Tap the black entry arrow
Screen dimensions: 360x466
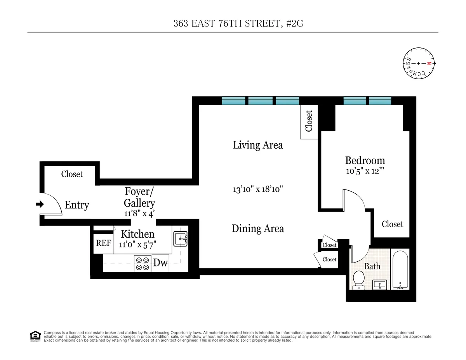(40, 204)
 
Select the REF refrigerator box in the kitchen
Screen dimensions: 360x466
(104, 243)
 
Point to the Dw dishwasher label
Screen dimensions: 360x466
(160, 263)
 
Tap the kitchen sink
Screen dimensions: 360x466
(180, 238)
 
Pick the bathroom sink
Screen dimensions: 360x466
(379, 285)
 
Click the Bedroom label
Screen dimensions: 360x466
(365, 160)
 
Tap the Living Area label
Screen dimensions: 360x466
(258, 145)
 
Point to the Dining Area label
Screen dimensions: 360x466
(258, 229)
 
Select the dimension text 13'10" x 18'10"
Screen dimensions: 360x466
(258, 190)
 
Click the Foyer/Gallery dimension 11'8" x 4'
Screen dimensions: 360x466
(139, 213)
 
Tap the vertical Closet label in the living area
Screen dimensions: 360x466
(309, 121)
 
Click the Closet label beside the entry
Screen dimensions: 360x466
(72, 174)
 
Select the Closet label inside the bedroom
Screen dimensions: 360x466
(392, 224)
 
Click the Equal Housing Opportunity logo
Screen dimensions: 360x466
(35, 336)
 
